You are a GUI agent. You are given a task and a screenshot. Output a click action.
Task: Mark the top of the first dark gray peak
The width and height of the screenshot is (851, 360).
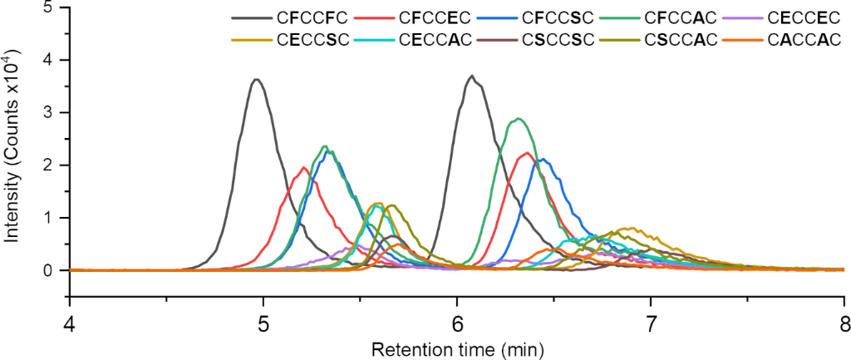pos(257,80)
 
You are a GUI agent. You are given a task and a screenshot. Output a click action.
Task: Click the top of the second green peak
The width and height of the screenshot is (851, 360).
pos(519,118)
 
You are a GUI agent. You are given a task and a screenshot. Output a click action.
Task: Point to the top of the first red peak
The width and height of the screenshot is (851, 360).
pos(304,167)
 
